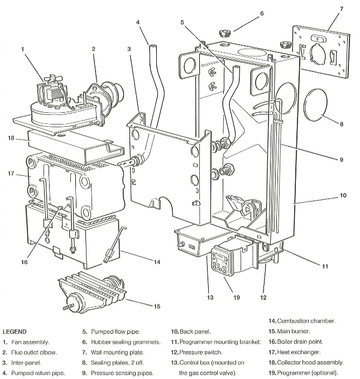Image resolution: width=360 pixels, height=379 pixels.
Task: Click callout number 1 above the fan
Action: [23, 49]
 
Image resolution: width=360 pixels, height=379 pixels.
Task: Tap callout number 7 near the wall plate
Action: [342, 8]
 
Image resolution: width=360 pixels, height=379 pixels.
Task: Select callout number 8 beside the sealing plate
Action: [342, 124]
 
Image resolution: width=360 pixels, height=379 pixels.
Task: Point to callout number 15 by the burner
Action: [157, 306]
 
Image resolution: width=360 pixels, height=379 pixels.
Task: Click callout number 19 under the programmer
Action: [237, 298]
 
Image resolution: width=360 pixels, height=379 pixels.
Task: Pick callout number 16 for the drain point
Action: [24, 262]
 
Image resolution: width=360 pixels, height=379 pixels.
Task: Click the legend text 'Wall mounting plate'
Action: [118, 352]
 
